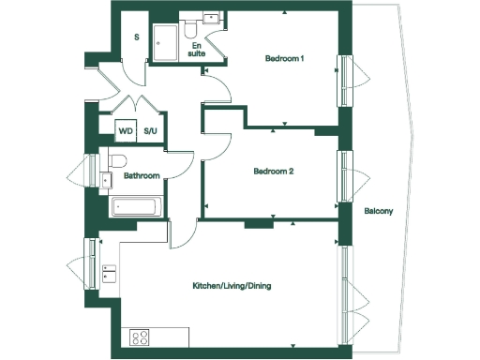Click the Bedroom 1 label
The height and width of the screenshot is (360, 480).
[x=287, y=60]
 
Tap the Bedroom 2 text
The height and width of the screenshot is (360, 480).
[x=275, y=172]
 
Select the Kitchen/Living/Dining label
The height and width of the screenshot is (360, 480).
[x=230, y=285]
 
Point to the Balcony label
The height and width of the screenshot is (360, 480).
[x=378, y=211]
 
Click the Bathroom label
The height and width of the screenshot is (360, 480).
[x=142, y=175]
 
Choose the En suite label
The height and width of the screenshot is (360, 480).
[x=197, y=49]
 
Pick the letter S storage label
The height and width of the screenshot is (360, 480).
[x=137, y=37]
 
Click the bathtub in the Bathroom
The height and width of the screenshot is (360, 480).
[x=136, y=207]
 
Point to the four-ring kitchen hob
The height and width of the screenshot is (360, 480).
[x=142, y=337]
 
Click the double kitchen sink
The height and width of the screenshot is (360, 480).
[x=109, y=273]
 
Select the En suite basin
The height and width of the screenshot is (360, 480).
[x=212, y=19]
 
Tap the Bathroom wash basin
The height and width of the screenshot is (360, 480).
[x=105, y=178]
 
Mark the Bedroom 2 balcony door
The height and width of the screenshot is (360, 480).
[x=346, y=174]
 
